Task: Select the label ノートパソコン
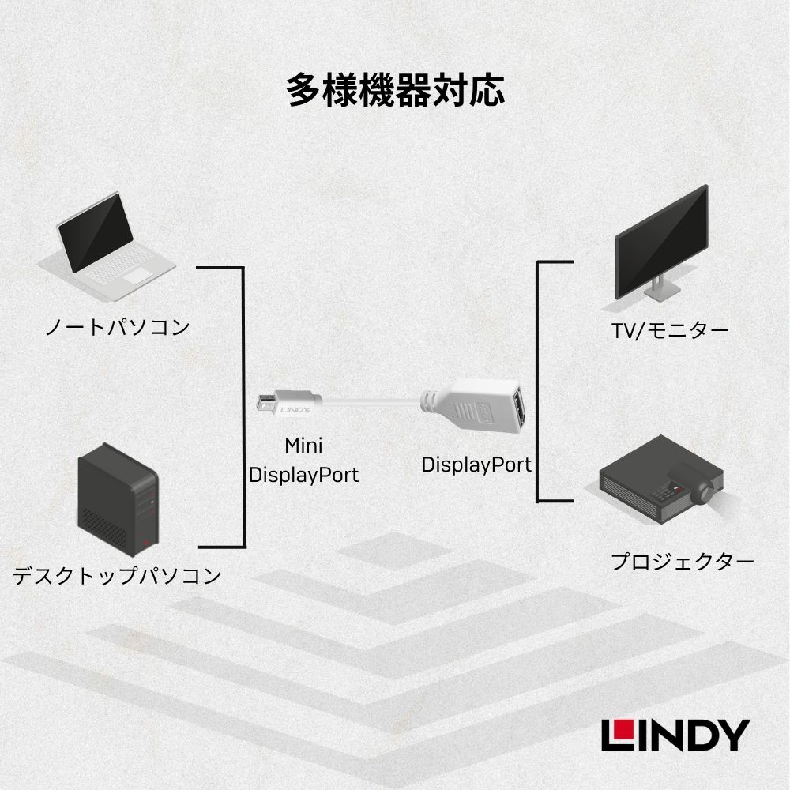pos(117,326)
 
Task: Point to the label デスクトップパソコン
pos(117,576)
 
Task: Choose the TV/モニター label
pos(669,330)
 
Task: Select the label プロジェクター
pos(682,562)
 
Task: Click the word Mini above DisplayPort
pos(304,446)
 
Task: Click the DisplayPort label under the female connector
pos(476,464)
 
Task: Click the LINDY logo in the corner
pos(674,735)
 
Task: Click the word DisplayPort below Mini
pos(304,475)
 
